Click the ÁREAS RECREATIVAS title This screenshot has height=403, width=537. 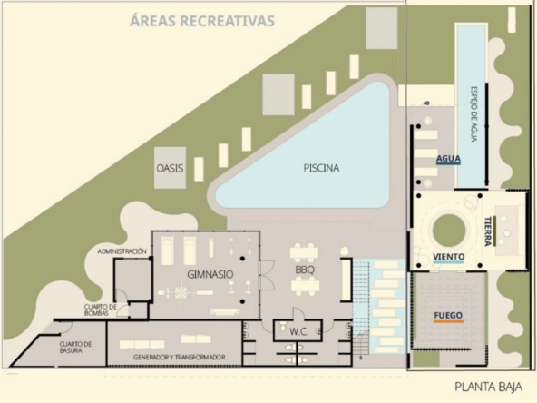click(x=202, y=21)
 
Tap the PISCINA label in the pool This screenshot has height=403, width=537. click(x=321, y=168)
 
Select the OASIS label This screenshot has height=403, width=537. click(x=170, y=168)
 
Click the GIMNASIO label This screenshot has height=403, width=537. click(x=210, y=274)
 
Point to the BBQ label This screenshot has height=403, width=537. click(x=305, y=270)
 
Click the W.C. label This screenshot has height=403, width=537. click(x=299, y=331)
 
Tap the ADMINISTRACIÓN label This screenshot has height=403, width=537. click(x=122, y=251)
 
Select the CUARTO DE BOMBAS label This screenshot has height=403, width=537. click(x=97, y=310)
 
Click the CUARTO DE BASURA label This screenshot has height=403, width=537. click(x=75, y=347)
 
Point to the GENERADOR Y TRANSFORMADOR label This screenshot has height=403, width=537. click(x=179, y=357)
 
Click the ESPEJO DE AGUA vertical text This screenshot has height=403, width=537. click(x=474, y=114)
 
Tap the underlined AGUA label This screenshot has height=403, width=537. click(x=448, y=159)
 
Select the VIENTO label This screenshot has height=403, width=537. click(x=449, y=257)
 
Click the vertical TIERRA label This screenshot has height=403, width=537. click(x=488, y=231)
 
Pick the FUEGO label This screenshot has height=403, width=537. click(x=448, y=315)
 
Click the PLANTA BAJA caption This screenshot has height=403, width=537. click(x=488, y=387)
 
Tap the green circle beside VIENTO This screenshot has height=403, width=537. click(x=449, y=231)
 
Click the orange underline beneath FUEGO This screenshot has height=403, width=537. click(x=448, y=322)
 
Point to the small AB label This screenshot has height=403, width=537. click(x=426, y=103)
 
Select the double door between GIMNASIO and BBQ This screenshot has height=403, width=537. click(x=267, y=274)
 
